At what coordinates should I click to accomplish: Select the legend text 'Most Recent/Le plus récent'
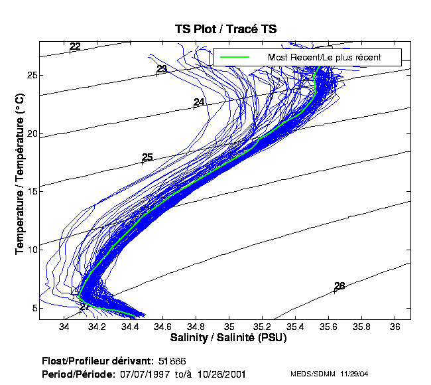coord(324,57)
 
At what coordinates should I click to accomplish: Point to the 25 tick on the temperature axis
coord(31,75)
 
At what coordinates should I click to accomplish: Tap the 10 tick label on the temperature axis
coord(31,248)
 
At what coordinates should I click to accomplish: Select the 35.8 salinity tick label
coord(361,327)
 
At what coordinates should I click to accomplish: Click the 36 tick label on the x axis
coord(395,327)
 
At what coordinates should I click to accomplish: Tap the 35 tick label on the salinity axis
coord(229,327)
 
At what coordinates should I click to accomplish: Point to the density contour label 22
coord(75,46)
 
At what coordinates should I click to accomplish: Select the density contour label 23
coord(162,69)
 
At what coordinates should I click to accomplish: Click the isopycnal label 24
coord(199,102)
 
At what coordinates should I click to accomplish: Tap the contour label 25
coord(147,157)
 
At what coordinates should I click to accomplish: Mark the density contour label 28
coord(339,286)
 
